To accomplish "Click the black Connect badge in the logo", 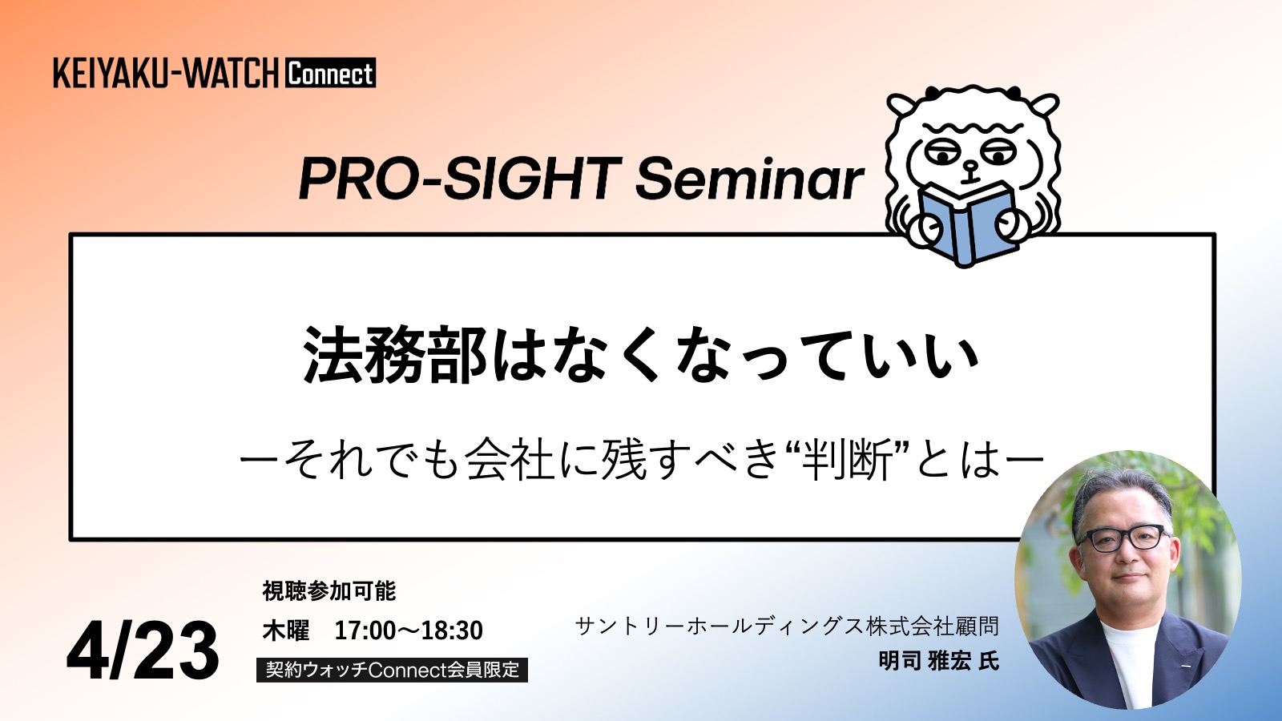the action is [331, 73].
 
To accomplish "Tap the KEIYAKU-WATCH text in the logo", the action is [166, 73].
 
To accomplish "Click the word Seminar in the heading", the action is [750, 179].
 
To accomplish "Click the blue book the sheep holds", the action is [967, 224].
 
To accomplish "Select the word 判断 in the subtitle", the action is [847, 460].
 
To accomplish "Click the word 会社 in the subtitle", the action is [510, 460].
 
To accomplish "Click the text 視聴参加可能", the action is [329, 591].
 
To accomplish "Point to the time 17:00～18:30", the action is [409, 630].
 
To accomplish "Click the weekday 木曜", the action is [285, 630].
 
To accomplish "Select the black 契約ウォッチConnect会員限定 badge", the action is [392, 670].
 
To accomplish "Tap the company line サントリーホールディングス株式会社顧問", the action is [787, 626].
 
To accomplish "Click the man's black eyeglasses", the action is [1122, 538].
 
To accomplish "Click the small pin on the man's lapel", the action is [1186, 666].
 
